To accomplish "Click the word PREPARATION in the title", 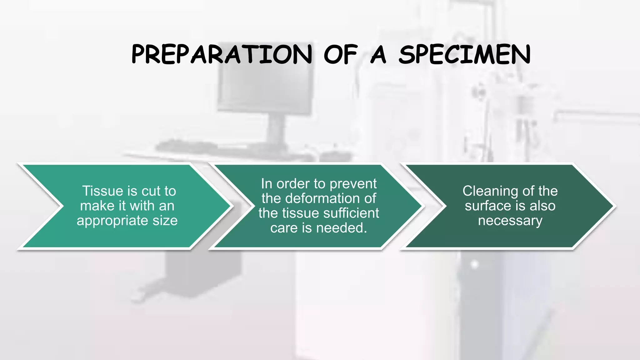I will click(222, 54).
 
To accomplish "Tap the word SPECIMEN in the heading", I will click(465, 54).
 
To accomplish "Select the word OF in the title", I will click(340, 54).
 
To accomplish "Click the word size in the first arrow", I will click(165, 221).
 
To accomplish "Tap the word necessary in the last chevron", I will click(510, 221).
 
